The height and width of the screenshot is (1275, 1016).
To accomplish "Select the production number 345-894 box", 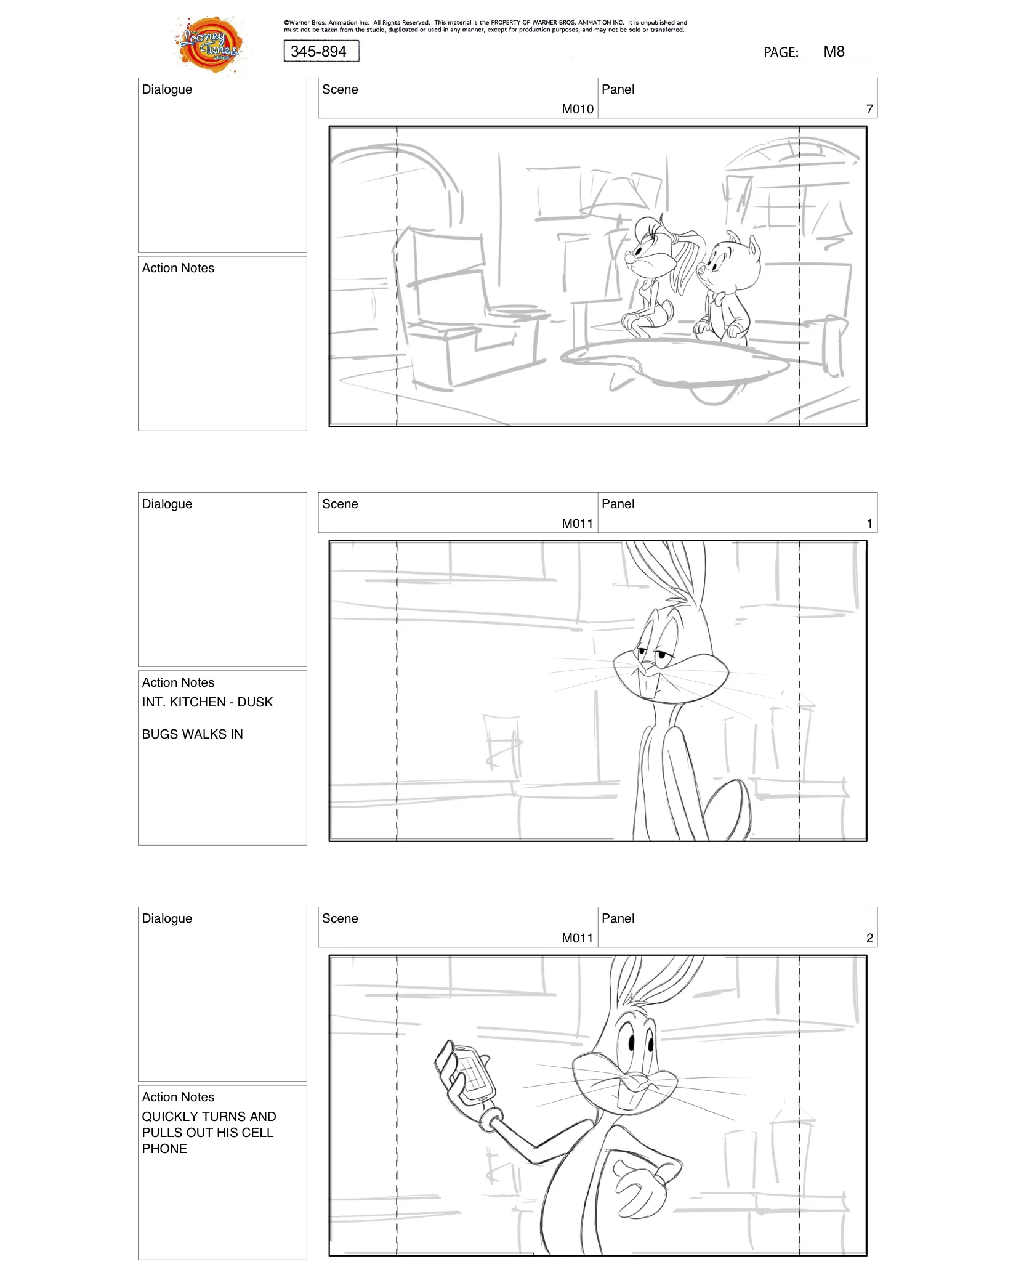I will [321, 51].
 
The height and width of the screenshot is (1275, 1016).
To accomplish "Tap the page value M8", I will [834, 52].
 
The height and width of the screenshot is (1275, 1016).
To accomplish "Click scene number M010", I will [577, 109].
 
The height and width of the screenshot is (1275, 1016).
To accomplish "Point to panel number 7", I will [869, 109].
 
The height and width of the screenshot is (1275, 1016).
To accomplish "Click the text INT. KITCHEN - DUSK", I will [207, 702].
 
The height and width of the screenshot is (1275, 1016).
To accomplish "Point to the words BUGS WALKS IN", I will [192, 734].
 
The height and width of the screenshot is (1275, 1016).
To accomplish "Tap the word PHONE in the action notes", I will [164, 1149].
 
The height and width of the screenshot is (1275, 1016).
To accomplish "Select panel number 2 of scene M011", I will [869, 938].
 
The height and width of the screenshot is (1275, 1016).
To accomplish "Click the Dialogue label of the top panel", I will [167, 89].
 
